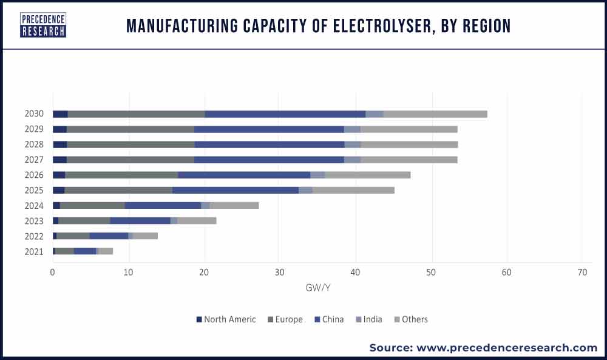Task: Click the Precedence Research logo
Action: pos(42,25)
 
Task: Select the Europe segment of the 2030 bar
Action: pos(136,114)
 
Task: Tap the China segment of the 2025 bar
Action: pos(236,190)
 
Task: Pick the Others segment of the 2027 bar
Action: pos(409,160)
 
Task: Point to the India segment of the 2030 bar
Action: pos(375,114)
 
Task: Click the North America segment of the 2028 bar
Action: pos(59,144)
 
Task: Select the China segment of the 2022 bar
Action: pos(109,236)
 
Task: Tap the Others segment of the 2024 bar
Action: pos(234,205)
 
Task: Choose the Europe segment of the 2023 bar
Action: pos(84,220)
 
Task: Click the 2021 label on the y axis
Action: pos(34,251)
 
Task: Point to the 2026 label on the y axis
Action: pos(34,175)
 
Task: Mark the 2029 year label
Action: pos(34,129)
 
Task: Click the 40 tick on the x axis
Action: pos(355,272)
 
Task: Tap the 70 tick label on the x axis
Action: pos(582,272)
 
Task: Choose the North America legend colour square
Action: pos(199,319)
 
